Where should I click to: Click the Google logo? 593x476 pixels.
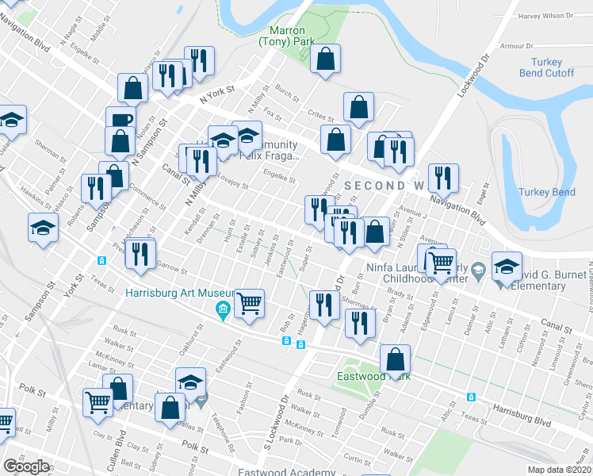point(26,466)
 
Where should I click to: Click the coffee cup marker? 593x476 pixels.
point(121,121)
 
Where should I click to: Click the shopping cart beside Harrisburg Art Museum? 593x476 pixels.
point(250,303)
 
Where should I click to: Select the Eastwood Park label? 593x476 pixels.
point(373,375)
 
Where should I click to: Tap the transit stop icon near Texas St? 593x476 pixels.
point(101,261)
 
